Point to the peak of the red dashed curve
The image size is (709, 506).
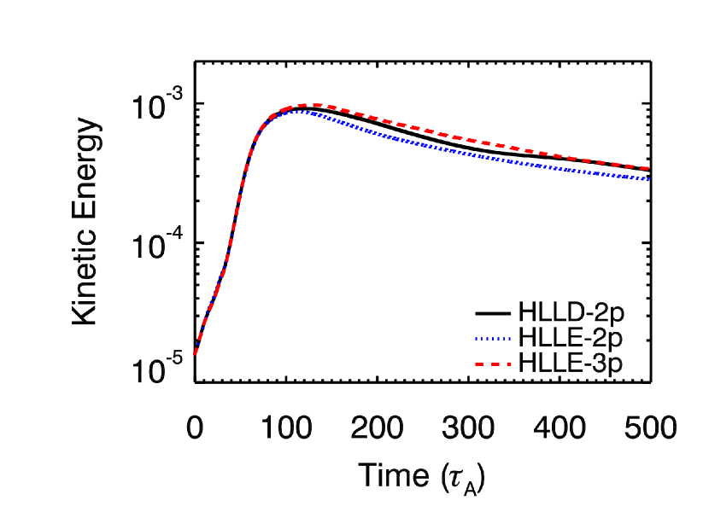pyautogui.click(x=312, y=105)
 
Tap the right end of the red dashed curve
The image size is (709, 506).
pyautogui.click(x=648, y=168)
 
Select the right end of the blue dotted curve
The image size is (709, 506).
pyautogui.click(x=648, y=179)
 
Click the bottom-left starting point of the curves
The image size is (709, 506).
pyautogui.click(x=195, y=353)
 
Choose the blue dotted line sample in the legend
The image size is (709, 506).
pyautogui.click(x=493, y=339)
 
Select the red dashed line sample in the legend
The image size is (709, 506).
pyautogui.click(x=493, y=364)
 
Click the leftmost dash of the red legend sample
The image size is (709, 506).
pyautogui.click(x=480, y=364)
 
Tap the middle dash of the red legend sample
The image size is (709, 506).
pyautogui.click(x=496, y=364)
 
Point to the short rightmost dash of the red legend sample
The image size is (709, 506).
pyautogui.click(x=508, y=364)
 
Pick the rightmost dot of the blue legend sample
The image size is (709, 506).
pyautogui.click(x=509, y=339)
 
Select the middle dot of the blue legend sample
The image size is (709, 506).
pyautogui.click(x=493, y=339)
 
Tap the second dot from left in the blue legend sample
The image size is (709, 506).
pyautogui.click(x=483, y=339)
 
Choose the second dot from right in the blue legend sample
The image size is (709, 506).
pyautogui.click(x=504, y=339)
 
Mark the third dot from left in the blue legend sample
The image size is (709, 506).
pyautogui.click(x=488, y=339)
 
